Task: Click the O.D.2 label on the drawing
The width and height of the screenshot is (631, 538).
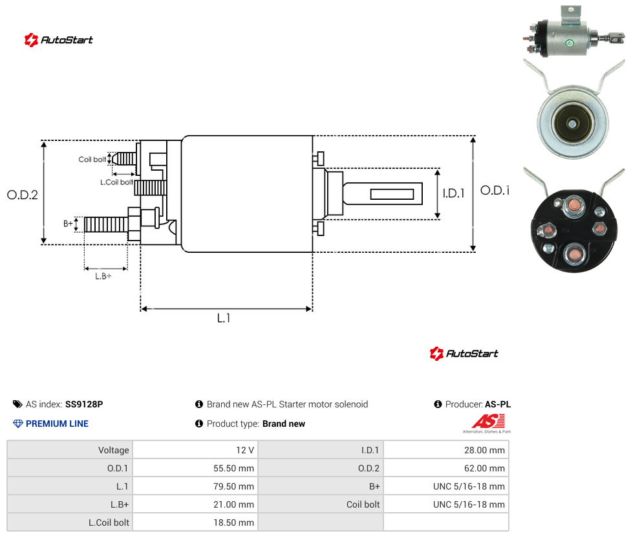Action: coord(23,195)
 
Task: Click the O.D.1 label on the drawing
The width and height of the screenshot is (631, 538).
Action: coord(495,190)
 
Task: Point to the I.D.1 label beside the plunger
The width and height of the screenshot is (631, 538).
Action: coord(454,193)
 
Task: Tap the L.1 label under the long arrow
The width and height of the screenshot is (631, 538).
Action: coord(224,318)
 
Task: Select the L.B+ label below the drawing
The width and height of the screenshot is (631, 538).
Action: coord(103,276)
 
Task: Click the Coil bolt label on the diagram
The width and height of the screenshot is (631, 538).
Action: coord(92,159)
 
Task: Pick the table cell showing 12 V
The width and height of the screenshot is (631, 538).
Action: coord(195,450)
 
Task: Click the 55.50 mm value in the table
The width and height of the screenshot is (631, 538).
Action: coord(195,468)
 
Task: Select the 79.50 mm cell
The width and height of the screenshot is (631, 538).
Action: coord(195,486)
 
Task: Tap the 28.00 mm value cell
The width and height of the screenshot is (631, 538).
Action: coord(446,450)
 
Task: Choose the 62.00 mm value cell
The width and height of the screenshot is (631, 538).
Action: coord(446,468)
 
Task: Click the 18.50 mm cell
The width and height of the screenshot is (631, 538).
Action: coord(195,522)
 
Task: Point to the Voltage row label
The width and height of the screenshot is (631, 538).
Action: coord(114,450)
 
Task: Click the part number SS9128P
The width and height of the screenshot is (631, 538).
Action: coord(84,404)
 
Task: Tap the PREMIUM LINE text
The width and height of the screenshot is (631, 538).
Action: coord(57,424)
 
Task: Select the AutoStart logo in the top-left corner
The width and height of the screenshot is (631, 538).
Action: coord(59,40)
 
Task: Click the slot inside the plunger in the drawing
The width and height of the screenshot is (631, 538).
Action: coord(392,195)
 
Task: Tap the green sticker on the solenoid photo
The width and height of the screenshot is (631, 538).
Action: coord(569,43)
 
